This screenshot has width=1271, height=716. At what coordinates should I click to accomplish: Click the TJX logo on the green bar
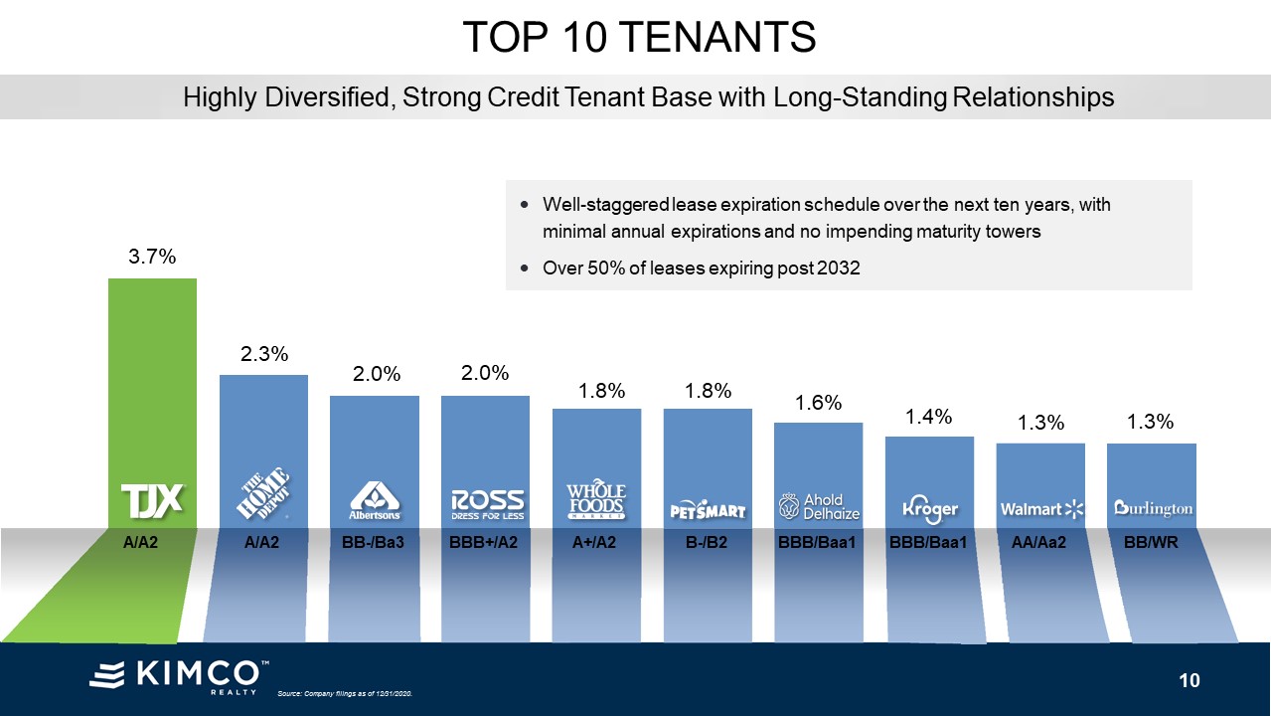coord(152,499)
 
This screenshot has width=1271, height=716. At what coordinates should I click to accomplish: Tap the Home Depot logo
coord(263,494)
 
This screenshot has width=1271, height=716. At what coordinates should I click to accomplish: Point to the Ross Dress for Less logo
coord(487,504)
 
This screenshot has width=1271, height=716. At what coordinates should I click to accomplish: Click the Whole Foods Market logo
coord(596,502)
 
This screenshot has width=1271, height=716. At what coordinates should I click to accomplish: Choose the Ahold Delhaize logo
coord(820,507)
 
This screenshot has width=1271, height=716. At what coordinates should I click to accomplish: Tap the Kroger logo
coord(930,508)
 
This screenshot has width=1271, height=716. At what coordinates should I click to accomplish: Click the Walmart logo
coord(1041,509)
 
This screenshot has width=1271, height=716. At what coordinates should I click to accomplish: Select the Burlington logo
coord(1153,508)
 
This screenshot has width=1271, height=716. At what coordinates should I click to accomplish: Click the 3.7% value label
coord(152,257)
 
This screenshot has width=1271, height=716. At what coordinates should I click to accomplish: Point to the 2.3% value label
coord(263,353)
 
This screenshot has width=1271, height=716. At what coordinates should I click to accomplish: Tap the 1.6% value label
coord(819,402)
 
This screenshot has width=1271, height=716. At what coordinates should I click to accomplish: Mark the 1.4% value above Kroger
coord(929,416)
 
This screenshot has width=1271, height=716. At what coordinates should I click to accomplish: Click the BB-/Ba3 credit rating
coord(375,544)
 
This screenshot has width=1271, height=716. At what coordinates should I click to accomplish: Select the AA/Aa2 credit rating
coord(1040,544)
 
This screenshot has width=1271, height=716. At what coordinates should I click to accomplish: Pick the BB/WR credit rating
coord(1152,544)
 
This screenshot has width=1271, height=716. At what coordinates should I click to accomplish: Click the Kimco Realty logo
coord(179,675)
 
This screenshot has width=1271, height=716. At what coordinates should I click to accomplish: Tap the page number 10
coord(1190,680)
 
